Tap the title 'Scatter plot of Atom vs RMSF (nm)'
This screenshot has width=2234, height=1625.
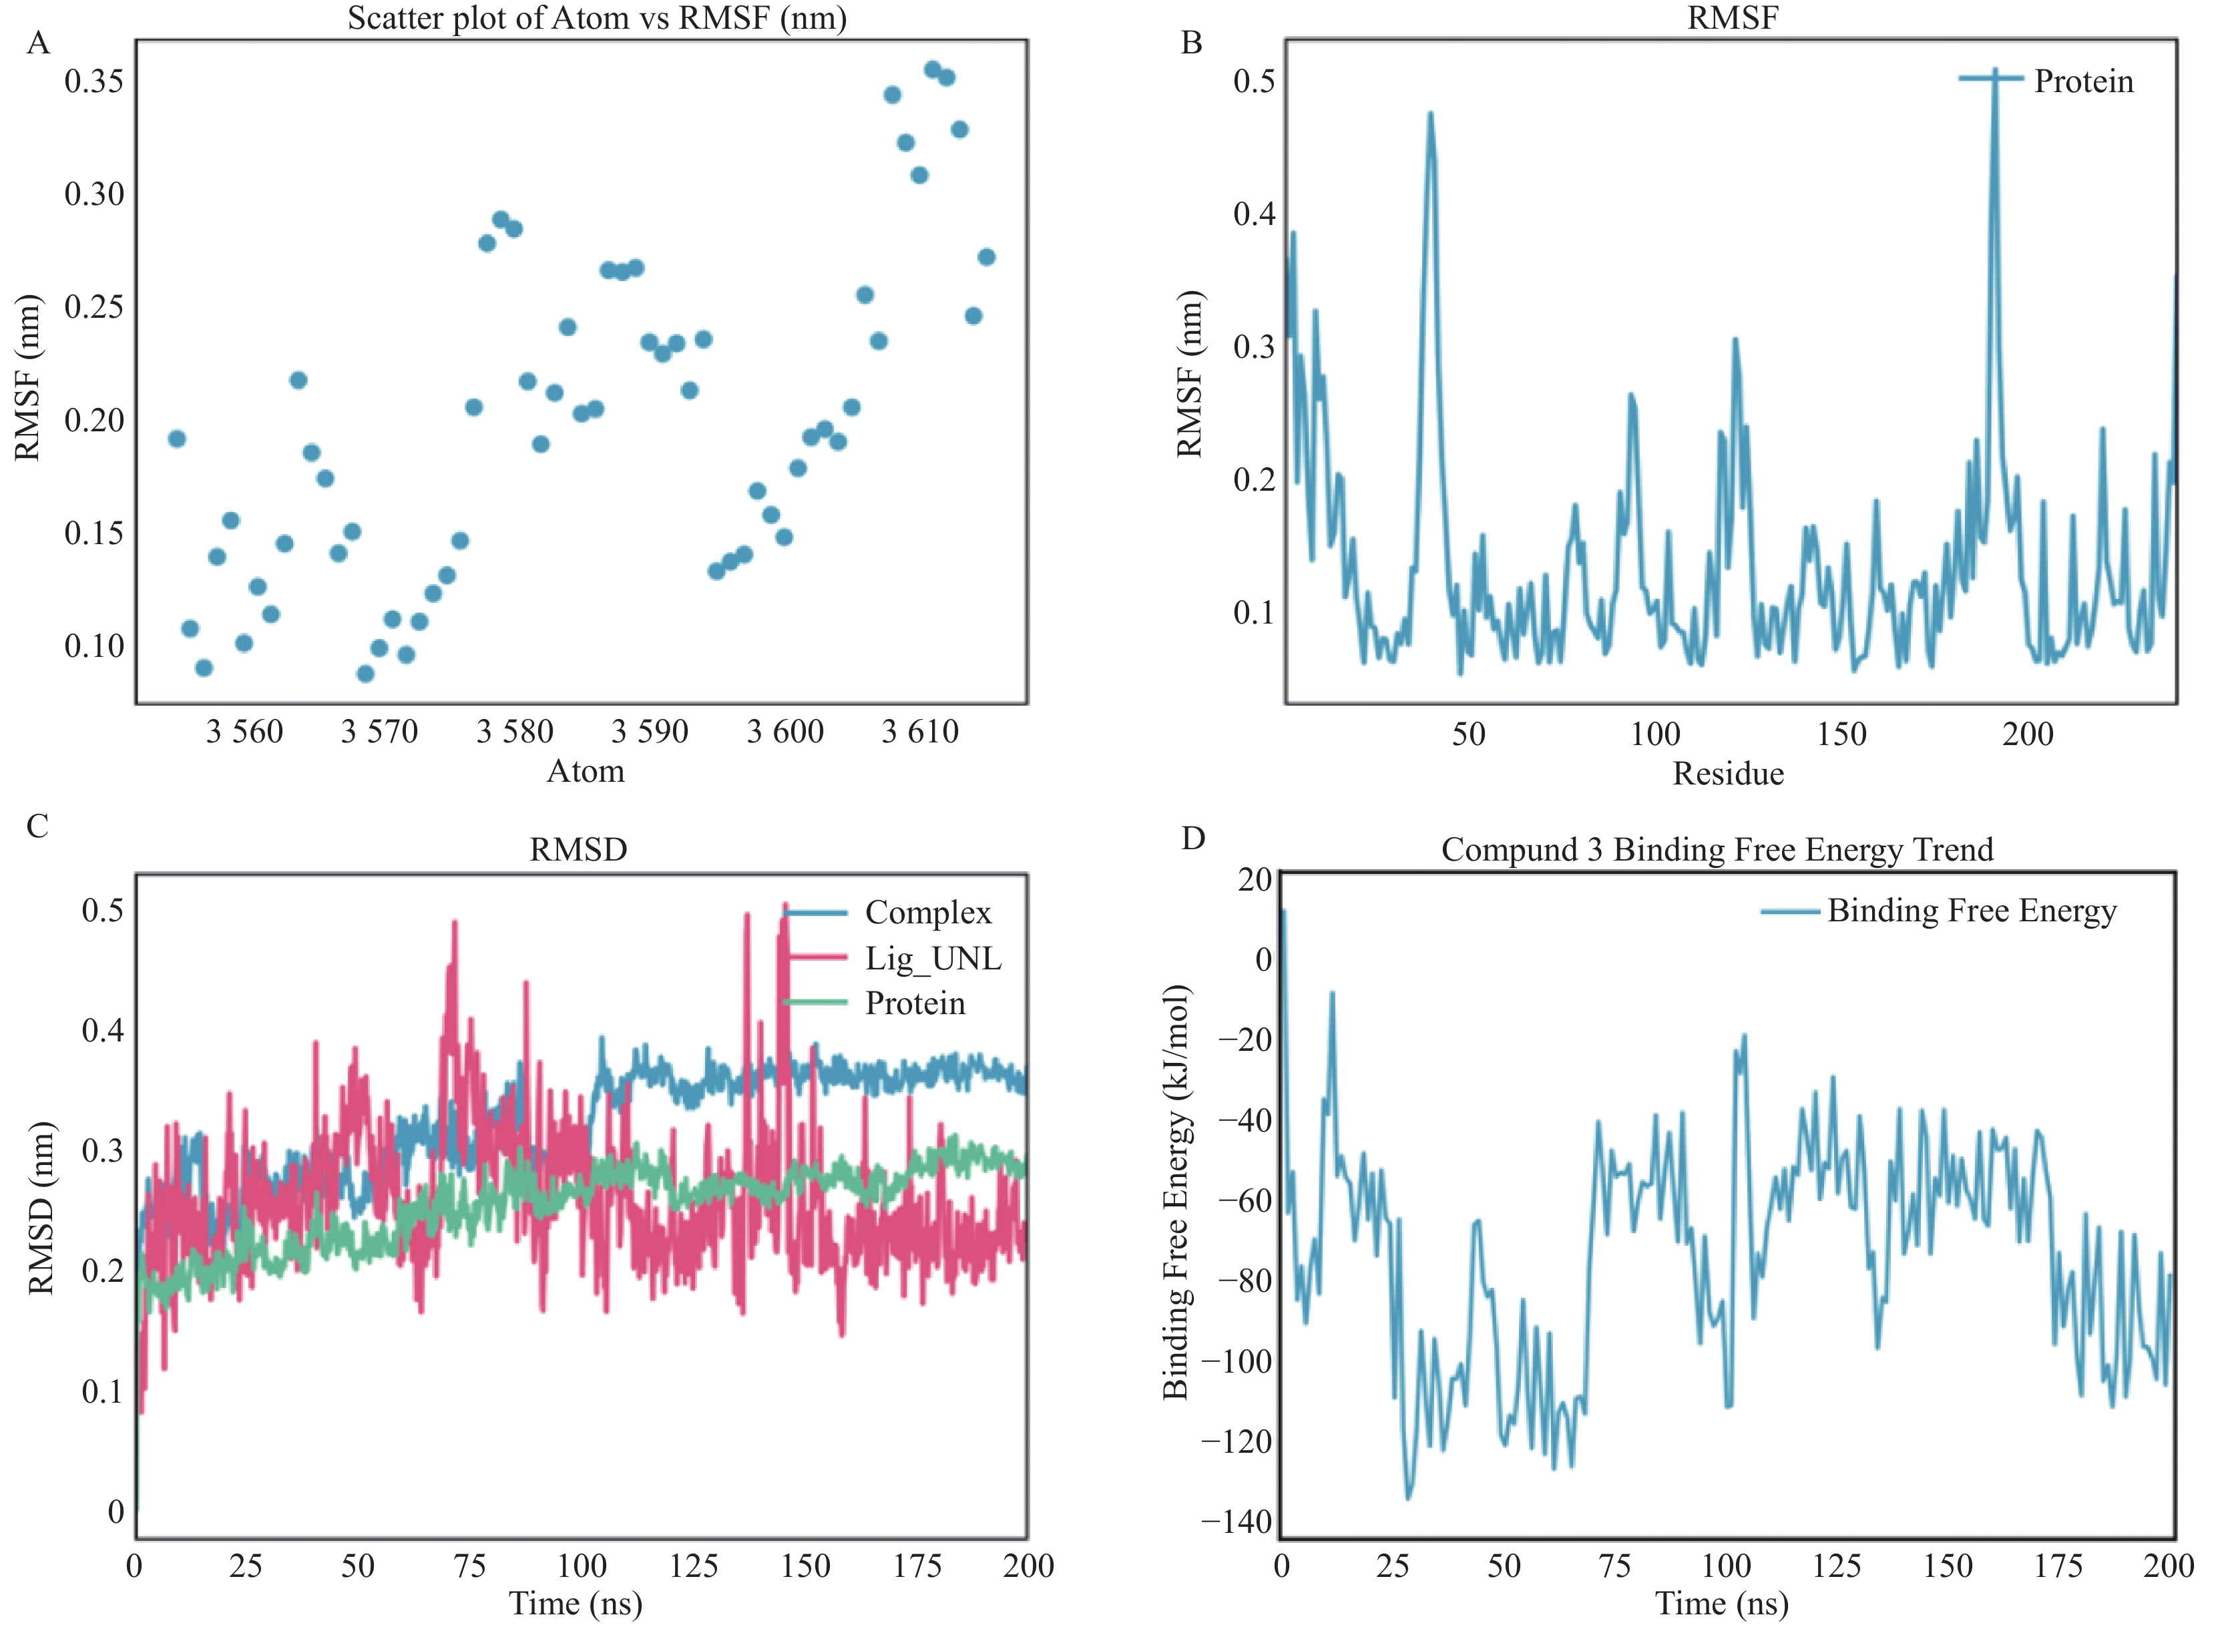[597, 18]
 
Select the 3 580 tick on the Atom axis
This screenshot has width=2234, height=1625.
[514, 732]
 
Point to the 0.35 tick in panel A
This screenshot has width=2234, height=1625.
[95, 81]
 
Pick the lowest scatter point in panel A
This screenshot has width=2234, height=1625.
[365, 674]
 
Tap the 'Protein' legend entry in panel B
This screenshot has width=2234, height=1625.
[2083, 81]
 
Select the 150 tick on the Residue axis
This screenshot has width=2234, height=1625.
[1841, 734]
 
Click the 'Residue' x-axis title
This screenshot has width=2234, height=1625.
[1728, 774]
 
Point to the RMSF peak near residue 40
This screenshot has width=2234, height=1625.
[1430, 114]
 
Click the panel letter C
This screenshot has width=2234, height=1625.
[37, 825]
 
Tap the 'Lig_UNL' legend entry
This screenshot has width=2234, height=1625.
[933, 958]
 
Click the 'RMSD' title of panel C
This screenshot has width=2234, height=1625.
[578, 849]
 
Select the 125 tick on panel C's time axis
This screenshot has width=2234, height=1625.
[694, 1566]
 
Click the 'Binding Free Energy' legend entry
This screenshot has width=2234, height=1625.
[1971, 911]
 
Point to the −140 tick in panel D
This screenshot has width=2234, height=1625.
[1237, 1522]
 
